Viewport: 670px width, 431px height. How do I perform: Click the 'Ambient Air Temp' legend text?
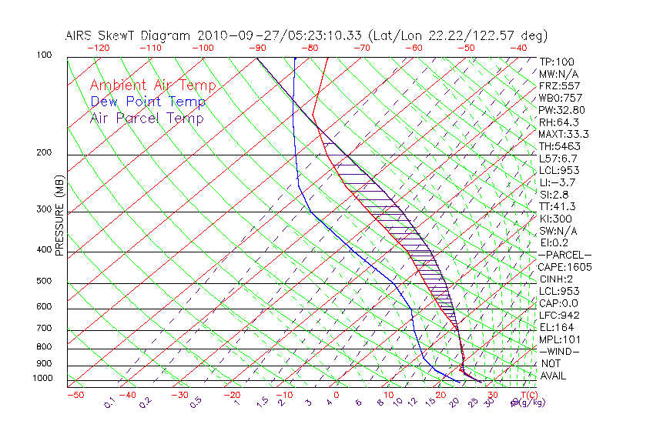point(152,85)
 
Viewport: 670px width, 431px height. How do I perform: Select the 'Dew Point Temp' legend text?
point(147,102)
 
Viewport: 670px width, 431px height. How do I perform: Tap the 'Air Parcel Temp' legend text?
point(146,118)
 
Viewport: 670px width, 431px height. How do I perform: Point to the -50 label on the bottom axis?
point(75,395)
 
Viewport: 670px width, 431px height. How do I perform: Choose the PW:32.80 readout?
point(561,110)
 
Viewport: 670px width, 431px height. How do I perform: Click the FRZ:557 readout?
point(559,86)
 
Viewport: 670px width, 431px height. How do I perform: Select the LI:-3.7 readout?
point(558,182)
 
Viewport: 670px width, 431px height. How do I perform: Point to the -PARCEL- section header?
point(564,255)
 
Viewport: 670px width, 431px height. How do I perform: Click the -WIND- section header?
point(560,351)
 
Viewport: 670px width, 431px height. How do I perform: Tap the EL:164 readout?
point(556,327)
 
